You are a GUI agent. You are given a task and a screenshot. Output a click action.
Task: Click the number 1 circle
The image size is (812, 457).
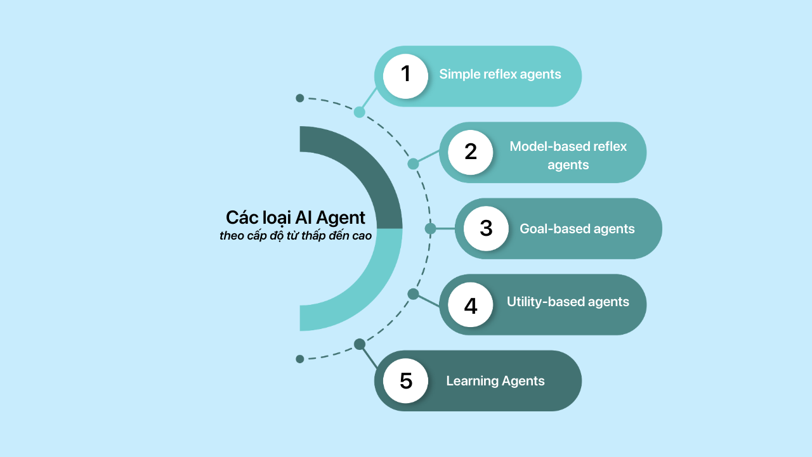406,75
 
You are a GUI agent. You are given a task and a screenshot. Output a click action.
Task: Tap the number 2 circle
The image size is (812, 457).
470,152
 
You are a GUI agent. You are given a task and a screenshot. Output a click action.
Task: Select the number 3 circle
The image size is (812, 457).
486,228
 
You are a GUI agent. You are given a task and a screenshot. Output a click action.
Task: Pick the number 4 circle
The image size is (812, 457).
470,305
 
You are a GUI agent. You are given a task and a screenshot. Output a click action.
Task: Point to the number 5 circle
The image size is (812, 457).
406,380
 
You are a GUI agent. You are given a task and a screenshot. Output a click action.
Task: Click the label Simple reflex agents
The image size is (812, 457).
500,74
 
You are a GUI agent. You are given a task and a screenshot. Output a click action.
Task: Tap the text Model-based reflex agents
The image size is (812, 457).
568,155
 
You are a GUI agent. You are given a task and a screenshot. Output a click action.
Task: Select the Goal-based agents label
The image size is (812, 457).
577,229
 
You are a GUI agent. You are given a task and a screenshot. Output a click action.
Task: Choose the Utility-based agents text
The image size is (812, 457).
568,302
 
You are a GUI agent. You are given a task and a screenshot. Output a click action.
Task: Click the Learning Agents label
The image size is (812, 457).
495,381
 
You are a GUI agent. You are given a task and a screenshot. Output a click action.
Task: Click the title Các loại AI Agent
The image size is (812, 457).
296,217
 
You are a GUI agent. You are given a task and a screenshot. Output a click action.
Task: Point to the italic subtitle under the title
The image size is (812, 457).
296,236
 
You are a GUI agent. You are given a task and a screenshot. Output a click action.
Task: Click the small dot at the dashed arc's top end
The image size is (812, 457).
300,98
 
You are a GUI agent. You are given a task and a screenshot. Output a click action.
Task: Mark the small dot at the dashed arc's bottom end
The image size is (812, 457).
300,359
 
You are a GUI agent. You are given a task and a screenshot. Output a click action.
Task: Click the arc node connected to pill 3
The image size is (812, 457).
430,228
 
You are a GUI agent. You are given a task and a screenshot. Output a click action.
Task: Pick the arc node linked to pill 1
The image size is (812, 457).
360,112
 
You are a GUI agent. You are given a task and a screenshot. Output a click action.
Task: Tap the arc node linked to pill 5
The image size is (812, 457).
360,344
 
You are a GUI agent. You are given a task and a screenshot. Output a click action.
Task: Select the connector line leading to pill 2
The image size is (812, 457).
427,158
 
